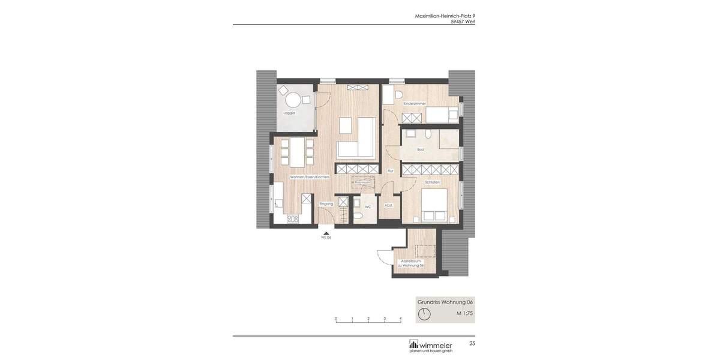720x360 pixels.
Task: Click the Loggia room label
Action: coord(289,113)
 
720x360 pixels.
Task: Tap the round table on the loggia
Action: coord(293,100)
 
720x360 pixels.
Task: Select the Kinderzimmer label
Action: coord(415,103)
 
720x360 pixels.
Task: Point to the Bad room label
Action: coord(421,149)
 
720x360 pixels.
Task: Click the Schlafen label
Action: coord(432,182)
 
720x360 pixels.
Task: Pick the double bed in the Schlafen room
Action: coord(434,206)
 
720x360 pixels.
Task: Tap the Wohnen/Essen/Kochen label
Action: coord(310,177)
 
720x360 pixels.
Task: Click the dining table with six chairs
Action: coord(297,152)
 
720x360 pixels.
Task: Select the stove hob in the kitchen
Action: coord(293,219)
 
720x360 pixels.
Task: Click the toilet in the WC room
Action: coord(358,215)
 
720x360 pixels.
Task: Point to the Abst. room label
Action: coord(388,205)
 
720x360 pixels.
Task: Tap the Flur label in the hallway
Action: coord(390,171)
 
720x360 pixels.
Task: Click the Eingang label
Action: coord(326,204)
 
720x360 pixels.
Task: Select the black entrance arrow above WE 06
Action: coord(326,233)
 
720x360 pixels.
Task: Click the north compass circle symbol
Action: coord(424,314)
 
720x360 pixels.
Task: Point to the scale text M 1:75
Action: coord(464,313)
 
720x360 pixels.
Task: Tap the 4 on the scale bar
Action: coord(401,319)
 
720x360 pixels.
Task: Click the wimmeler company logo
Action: coord(431,346)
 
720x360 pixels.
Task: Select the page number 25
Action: coord(472,344)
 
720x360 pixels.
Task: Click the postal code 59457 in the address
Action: coord(457,22)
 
